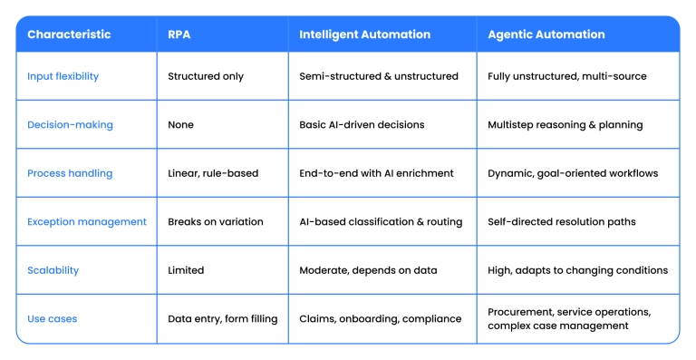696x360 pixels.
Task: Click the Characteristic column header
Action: pyautogui.click(x=69, y=34)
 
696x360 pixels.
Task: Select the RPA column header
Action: pyautogui.click(x=179, y=34)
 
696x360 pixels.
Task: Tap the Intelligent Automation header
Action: pyautogui.click(x=364, y=34)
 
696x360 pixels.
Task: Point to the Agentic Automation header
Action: pyautogui.click(x=546, y=34)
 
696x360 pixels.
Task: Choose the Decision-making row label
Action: pyautogui.click(x=70, y=124)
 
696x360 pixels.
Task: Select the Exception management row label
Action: pyautogui.click(x=86, y=221)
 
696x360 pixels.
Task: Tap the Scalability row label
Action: pyautogui.click(x=53, y=270)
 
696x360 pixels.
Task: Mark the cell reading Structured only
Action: pyautogui.click(x=206, y=76)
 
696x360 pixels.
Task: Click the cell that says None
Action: pyautogui.click(x=181, y=124)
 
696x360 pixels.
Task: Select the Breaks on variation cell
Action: pyautogui.click(x=216, y=221)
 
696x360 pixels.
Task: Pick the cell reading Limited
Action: pyautogui.click(x=186, y=270)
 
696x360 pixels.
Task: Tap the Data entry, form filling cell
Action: pyautogui.click(x=222, y=318)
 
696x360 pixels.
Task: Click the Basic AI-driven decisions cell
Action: pyautogui.click(x=362, y=124)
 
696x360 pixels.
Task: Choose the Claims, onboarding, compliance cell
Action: pyautogui.click(x=380, y=318)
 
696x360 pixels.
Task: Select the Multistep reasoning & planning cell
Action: pyautogui.click(x=565, y=124)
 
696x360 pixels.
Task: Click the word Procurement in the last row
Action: pyautogui.click(x=521, y=311)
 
